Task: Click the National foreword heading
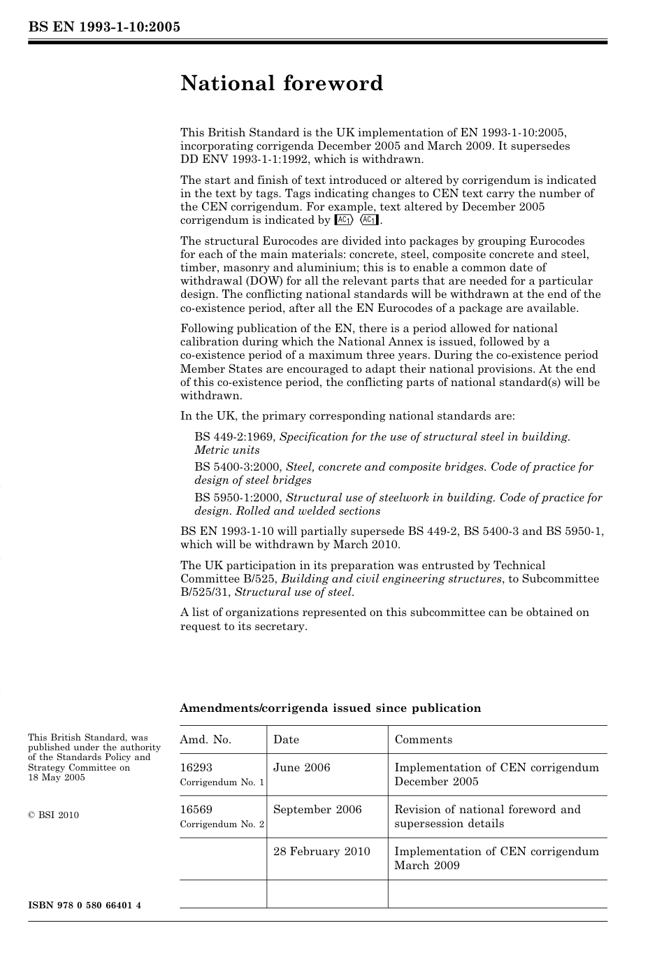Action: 282,83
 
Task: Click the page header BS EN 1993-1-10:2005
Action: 104,27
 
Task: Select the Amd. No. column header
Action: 205,740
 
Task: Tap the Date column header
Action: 286,740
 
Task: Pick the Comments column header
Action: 423,740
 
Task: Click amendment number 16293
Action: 196,768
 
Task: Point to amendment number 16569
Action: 196,810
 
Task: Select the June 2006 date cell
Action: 301,768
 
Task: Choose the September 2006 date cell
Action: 317,810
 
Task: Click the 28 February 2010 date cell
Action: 322,852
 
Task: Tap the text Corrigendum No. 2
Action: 222,824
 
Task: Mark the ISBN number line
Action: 85,906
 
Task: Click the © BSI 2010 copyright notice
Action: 53,815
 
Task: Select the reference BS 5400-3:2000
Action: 238,467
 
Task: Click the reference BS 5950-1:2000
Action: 238,498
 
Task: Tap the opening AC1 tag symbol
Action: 345,220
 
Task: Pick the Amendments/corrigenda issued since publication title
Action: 330,708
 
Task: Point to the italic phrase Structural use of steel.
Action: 294,593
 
